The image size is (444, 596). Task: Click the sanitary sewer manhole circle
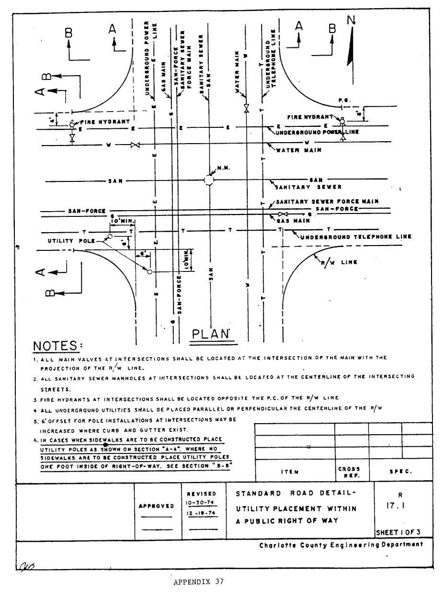click(209, 180)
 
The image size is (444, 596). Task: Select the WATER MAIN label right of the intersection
click(299, 150)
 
